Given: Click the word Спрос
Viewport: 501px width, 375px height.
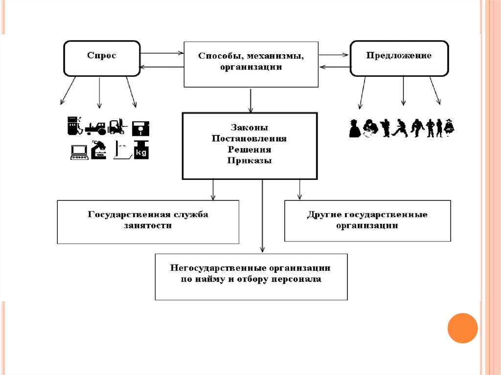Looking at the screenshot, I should (x=102, y=56).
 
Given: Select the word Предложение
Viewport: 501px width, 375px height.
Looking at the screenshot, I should (x=399, y=56).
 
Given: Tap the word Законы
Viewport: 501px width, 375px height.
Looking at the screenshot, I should (x=249, y=128).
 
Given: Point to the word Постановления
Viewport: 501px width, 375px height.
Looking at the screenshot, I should (x=249, y=138).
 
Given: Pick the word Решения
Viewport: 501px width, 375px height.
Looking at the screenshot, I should (x=249, y=149).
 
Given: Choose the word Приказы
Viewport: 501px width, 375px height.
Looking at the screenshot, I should (x=249, y=160).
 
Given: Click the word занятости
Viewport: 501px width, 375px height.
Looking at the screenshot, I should (x=148, y=225).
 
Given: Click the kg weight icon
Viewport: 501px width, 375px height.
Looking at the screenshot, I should (x=142, y=150).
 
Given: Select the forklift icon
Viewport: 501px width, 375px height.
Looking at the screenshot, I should (x=117, y=127).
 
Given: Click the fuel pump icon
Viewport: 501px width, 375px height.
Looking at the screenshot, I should (x=73, y=125).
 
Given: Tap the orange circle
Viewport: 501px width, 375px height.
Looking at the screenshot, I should (x=462, y=328).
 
